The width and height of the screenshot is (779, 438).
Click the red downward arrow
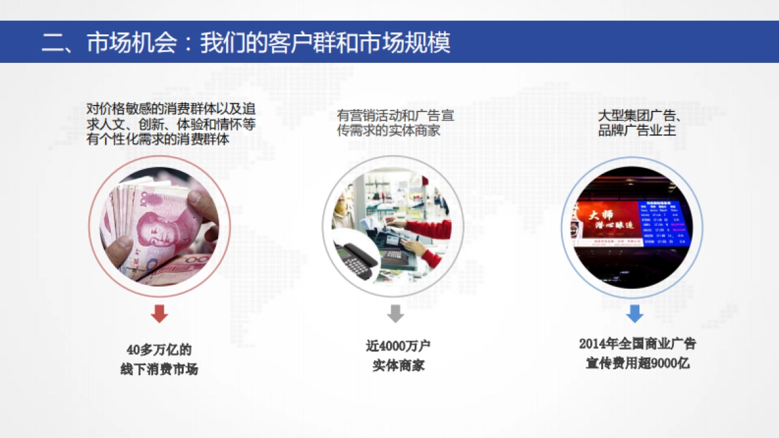[x=159, y=313]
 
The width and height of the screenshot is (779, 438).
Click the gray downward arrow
[x=395, y=313]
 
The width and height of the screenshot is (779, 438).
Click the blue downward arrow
[x=634, y=314]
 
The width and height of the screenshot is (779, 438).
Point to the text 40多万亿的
[x=159, y=350]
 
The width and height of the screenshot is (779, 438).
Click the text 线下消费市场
[x=159, y=369]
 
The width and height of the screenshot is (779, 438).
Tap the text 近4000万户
[x=398, y=345]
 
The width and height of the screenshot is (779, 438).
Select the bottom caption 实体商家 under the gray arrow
[x=398, y=365]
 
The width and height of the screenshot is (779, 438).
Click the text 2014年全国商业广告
[x=637, y=344]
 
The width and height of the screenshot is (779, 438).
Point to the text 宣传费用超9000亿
[x=637, y=363]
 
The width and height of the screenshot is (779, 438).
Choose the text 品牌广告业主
[x=637, y=130]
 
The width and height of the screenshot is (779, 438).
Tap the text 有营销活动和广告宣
[x=395, y=116]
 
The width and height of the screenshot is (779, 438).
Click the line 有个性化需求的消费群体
[x=158, y=138]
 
